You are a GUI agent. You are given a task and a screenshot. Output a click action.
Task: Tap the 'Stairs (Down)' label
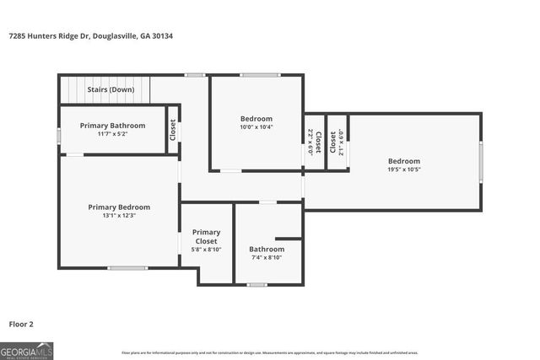point(111,89)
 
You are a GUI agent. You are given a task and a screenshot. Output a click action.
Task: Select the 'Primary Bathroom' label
point(112,126)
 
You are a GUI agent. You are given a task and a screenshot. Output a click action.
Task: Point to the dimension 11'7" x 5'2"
point(112,134)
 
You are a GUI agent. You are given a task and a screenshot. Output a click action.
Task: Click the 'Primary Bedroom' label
point(119,207)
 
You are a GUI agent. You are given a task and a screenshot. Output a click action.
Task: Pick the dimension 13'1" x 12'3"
point(119,216)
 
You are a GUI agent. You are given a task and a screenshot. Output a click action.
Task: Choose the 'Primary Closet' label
point(206,236)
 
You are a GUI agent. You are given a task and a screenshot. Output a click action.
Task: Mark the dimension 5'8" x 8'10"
point(206,250)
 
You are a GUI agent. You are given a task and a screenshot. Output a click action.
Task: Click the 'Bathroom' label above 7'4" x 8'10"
point(267,249)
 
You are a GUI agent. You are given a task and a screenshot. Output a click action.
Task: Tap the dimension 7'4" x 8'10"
point(267,258)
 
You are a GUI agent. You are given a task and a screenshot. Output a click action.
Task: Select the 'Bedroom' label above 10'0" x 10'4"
point(256,119)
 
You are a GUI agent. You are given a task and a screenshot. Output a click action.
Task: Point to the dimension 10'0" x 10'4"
point(256,128)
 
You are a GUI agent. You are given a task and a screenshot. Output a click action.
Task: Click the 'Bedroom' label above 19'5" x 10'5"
point(404,161)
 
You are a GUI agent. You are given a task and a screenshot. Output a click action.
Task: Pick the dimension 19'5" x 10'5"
point(404,169)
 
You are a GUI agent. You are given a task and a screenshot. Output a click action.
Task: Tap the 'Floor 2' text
point(22,323)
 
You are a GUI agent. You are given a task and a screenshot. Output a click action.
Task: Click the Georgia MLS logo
point(26,350)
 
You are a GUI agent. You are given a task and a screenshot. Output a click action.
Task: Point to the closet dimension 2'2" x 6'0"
point(310,142)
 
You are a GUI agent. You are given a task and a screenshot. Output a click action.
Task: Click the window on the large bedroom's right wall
point(481,162)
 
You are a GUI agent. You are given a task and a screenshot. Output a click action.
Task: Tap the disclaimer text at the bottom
point(270,352)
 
